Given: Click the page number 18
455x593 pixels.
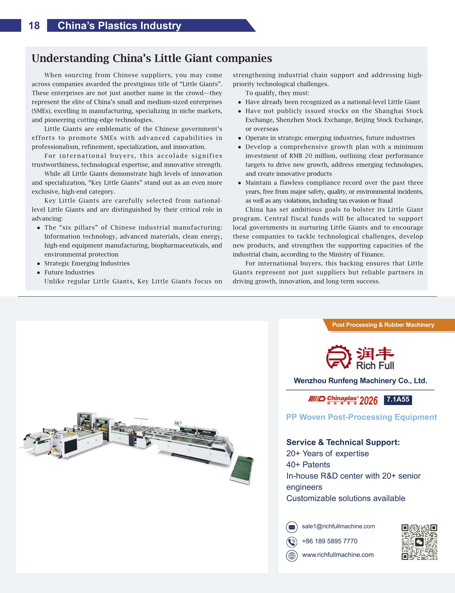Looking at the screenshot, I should pyautogui.click(x=34, y=26).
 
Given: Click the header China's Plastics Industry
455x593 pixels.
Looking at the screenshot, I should pyautogui.click(x=119, y=26).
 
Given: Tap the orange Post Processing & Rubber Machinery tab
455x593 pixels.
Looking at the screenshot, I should pyautogui.click(x=383, y=325).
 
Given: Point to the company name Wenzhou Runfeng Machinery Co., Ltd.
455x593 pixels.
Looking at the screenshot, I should pyautogui.click(x=360, y=381).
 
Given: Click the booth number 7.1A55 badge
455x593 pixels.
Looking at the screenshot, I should pyautogui.click(x=398, y=400).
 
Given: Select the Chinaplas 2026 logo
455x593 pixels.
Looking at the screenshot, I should pyautogui.click(x=343, y=400).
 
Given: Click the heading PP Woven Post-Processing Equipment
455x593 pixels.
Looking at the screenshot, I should pyautogui.click(x=361, y=417).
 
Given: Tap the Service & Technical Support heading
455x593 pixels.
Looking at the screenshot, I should pyautogui.click(x=343, y=442).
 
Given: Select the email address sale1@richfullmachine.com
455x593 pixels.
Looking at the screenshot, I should pyautogui.click(x=338, y=526).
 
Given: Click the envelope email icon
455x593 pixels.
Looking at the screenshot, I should pyautogui.click(x=292, y=527).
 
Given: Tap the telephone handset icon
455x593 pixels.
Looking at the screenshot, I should pyautogui.click(x=292, y=542).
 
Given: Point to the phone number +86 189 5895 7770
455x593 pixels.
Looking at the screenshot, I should pyautogui.click(x=330, y=541).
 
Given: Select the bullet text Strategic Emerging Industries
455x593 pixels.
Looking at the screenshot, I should pyautogui.click(x=87, y=263).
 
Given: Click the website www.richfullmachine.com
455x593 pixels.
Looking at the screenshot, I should pyautogui.click(x=338, y=555).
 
